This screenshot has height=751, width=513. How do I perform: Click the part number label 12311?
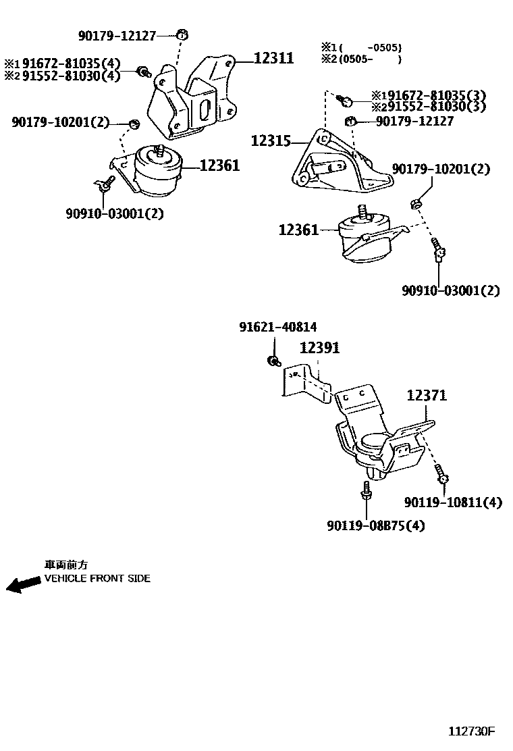click(273, 59)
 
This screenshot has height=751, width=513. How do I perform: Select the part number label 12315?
click(271, 141)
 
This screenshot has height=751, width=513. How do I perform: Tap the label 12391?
click(319, 348)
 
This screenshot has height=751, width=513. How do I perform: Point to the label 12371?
click(426, 396)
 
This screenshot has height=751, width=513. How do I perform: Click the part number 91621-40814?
click(277, 327)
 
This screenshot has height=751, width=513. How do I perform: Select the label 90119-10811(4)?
click(453, 502)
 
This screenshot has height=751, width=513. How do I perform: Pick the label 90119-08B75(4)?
click(376, 525)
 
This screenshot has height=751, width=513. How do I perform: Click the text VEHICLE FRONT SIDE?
click(97, 579)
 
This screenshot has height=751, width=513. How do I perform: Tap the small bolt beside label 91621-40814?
click(273, 361)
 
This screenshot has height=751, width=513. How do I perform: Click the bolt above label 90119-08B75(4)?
click(367, 492)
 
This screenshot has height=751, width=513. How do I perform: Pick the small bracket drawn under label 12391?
click(304, 385)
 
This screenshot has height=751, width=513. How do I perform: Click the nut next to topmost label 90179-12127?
click(182, 34)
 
